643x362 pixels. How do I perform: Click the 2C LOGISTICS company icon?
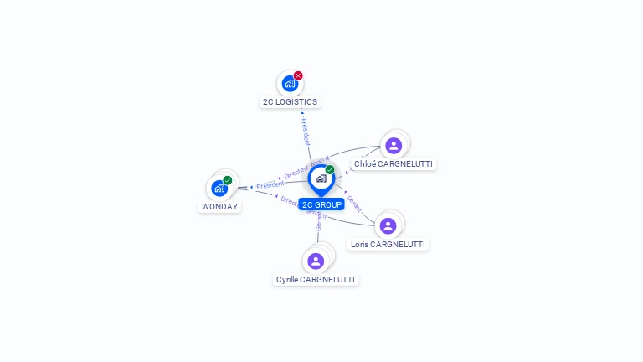pyautogui.click(x=289, y=83)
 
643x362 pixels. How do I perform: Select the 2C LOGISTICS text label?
pyautogui.click(x=290, y=101)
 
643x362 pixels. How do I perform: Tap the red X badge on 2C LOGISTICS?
pyautogui.click(x=298, y=75)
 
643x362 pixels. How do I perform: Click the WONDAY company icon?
pyautogui.click(x=219, y=188)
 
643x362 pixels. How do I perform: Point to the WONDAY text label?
pyautogui.click(x=219, y=206)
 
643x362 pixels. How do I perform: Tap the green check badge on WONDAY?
pyautogui.click(x=228, y=180)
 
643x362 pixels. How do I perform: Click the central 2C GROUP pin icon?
pyautogui.click(x=321, y=178)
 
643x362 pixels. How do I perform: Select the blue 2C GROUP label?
pyautogui.click(x=321, y=204)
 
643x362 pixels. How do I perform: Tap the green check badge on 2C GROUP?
pyautogui.click(x=330, y=170)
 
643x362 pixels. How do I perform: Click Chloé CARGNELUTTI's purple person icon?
pyautogui.click(x=394, y=146)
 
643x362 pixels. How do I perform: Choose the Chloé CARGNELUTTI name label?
pyautogui.click(x=394, y=164)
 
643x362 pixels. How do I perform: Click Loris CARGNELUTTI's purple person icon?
pyautogui.click(x=388, y=225)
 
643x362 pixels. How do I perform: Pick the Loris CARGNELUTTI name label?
pyautogui.click(x=388, y=245)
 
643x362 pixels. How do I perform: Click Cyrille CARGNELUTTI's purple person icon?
pyautogui.click(x=316, y=261)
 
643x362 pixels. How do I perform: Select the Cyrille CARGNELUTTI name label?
pyautogui.click(x=316, y=279)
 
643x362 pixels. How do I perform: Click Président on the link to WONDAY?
pyautogui.click(x=270, y=184)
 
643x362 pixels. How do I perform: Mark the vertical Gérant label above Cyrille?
pyautogui.click(x=318, y=221)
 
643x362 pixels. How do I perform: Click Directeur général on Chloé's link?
pyautogui.click(x=306, y=166)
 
